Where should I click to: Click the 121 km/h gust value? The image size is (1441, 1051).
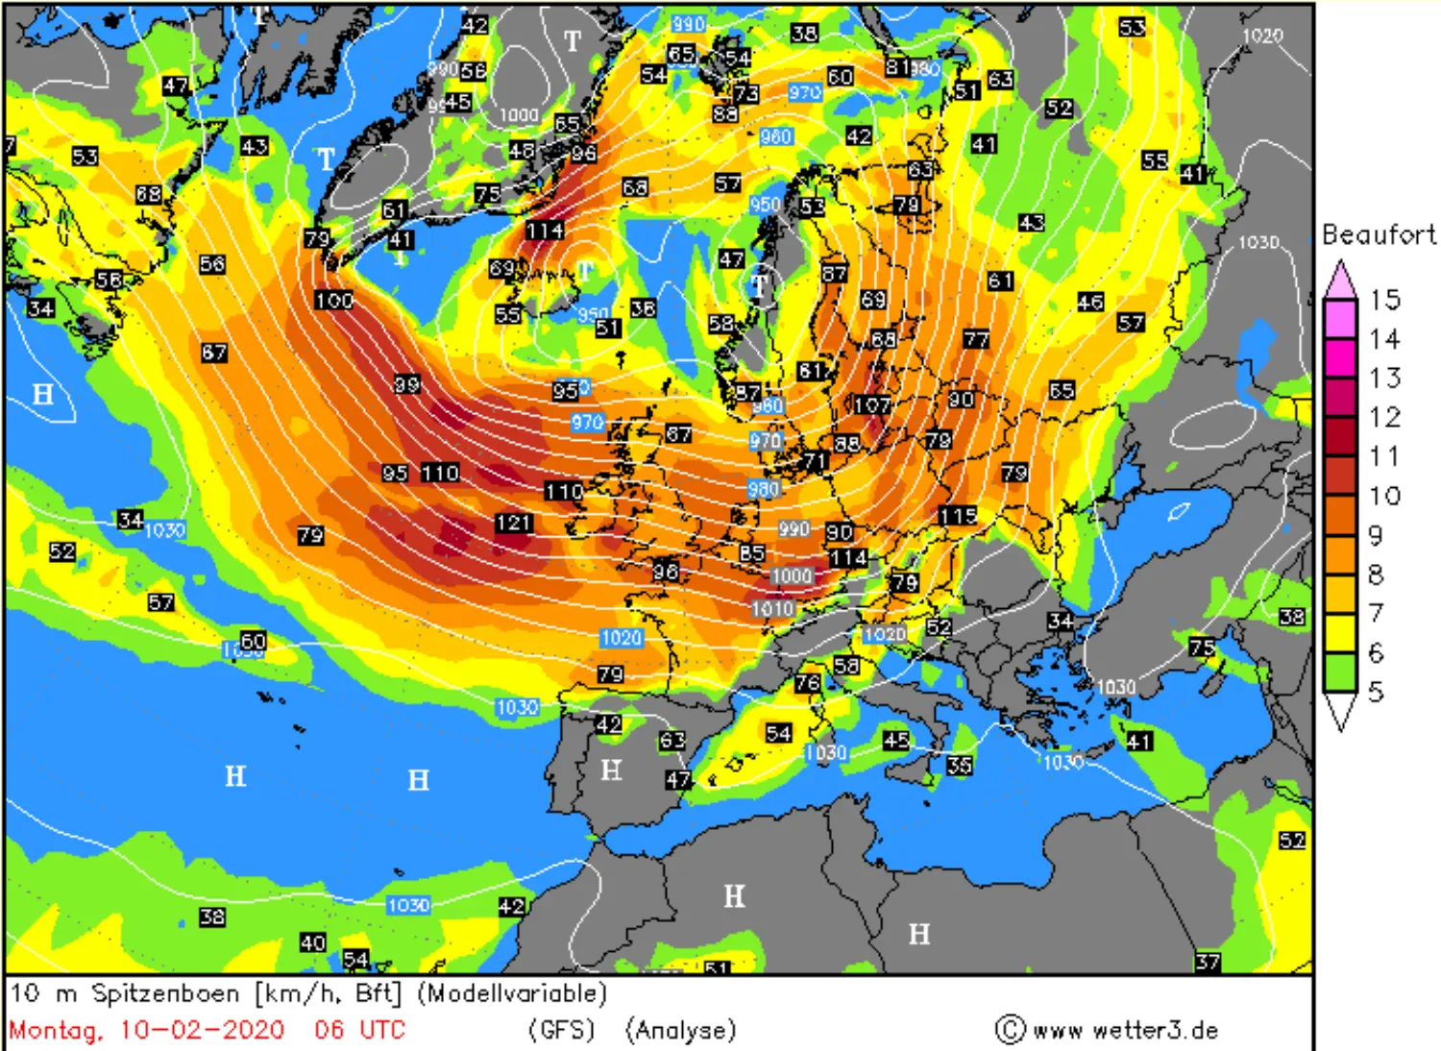[x=514, y=523]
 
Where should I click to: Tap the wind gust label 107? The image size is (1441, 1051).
[x=872, y=405]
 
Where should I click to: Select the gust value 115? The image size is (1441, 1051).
[x=958, y=516]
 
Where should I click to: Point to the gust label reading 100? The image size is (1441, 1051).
[x=333, y=300]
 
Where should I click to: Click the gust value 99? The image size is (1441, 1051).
[x=407, y=384]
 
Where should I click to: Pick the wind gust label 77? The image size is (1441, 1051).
[x=976, y=339]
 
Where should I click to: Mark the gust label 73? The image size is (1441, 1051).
[x=745, y=93]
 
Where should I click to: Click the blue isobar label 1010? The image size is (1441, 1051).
[x=772, y=608]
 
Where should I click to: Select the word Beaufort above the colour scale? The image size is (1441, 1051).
[x=1379, y=234]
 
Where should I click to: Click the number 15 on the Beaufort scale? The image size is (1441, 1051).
[x=1384, y=300]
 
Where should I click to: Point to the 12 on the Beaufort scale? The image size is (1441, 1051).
[x=1384, y=417]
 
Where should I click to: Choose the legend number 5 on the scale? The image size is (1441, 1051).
[x=1376, y=691]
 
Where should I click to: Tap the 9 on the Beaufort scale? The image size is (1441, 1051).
[x=1376, y=535]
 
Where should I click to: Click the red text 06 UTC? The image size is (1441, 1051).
[x=360, y=1030]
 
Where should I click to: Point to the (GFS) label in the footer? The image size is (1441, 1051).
[x=562, y=1030]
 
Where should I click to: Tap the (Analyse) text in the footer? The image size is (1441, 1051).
[x=680, y=1030]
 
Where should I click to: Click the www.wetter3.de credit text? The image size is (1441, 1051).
[x=1125, y=1030]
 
